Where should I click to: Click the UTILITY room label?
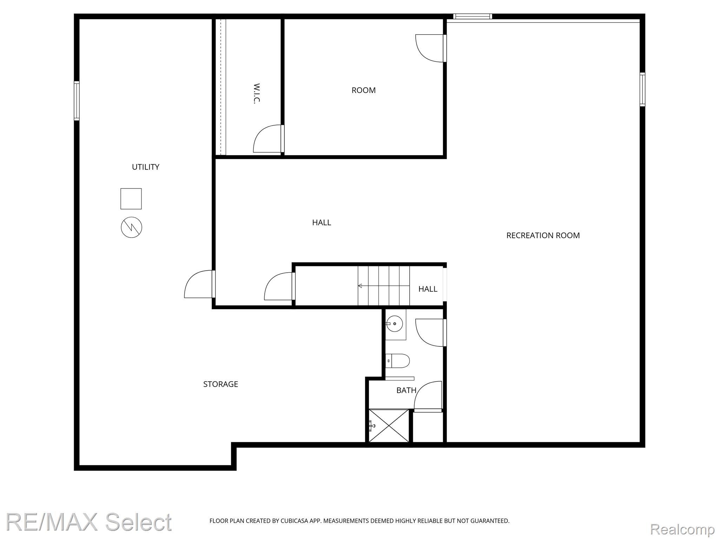(145, 167)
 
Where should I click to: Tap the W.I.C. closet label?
(257, 93)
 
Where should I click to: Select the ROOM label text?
(363, 90)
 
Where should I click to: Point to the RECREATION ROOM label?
(543, 235)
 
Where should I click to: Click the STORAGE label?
(220, 384)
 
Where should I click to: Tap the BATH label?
(406, 390)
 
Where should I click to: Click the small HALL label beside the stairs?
(428, 289)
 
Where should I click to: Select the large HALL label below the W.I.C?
(322, 222)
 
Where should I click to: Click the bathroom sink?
(395, 324)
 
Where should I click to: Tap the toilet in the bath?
(397, 361)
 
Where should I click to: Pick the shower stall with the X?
(389, 426)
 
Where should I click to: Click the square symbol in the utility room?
(131, 199)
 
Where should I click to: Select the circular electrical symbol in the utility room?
(132, 227)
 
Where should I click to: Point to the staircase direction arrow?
(384, 286)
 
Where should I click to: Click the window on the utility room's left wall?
(77, 101)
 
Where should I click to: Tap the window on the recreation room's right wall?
(642, 89)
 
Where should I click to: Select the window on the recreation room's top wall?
(473, 16)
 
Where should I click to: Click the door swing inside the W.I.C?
(267, 139)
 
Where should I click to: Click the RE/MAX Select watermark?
(89, 522)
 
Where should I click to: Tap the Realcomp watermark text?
(682, 529)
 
